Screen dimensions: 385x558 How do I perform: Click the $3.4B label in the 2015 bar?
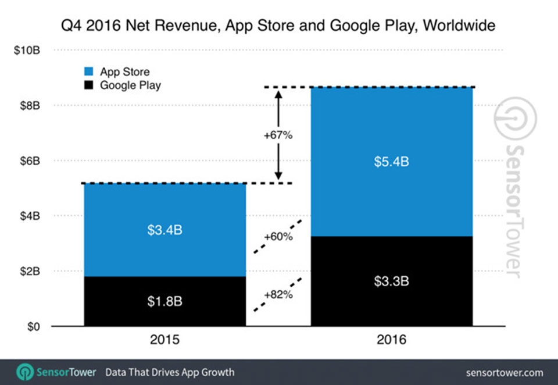coord(164,230)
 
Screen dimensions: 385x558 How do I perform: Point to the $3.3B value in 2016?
coord(391,281)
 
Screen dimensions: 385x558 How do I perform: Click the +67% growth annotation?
coord(278,136)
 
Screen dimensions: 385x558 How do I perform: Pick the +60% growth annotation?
coord(278,237)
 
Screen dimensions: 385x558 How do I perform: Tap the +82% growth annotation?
coord(278,294)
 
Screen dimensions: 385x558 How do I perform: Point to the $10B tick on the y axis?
coord(27,51)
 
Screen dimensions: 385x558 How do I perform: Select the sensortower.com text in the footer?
coord(505,372)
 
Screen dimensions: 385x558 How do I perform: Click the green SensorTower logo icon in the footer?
coord(24,372)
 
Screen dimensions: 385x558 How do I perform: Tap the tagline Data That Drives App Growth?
coord(170,372)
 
